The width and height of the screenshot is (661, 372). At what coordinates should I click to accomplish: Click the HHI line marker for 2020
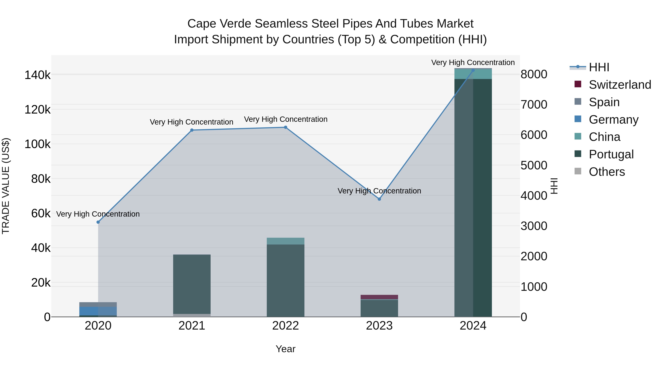[x=98, y=222]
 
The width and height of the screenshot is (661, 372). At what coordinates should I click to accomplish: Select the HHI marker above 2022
[x=285, y=127]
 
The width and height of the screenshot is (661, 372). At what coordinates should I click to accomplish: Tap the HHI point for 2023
[x=379, y=199]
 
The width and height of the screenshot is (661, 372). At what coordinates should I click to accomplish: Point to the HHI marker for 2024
[x=473, y=70]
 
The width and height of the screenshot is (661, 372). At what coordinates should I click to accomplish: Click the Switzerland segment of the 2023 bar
[x=379, y=297]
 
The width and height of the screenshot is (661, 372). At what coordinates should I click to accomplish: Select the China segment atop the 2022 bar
[x=285, y=241]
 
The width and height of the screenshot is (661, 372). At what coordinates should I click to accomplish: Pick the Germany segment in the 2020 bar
[x=98, y=311]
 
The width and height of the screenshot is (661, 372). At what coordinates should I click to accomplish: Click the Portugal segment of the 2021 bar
[x=192, y=284]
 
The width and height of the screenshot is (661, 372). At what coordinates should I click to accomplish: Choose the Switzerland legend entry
[x=620, y=85]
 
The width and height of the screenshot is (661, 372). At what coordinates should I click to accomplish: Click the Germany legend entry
[x=613, y=120]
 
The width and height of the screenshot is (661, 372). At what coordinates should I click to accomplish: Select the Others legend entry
[x=607, y=172]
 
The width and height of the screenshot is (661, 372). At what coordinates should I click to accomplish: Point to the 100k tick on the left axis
[x=37, y=144]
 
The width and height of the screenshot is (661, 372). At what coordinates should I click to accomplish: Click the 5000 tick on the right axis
[x=534, y=165]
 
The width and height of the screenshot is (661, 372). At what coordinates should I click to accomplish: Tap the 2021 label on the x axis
[x=192, y=326]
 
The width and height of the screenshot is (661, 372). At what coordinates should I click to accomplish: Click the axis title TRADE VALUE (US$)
[x=6, y=186]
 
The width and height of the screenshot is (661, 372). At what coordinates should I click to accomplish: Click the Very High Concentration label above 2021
[x=192, y=122]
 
